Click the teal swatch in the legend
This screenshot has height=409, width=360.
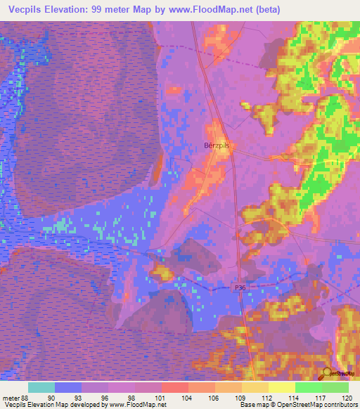[x=41, y=387]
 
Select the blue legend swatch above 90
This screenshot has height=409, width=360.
[x=67, y=387]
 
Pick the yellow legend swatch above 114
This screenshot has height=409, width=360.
[x=281, y=387]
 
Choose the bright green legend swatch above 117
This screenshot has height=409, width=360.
[x=308, y=387]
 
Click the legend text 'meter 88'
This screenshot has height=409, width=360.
[x=16, y=397]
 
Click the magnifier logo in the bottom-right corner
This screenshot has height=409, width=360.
[x=327, y=373]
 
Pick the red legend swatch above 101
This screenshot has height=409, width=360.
[x=174, y=387]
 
